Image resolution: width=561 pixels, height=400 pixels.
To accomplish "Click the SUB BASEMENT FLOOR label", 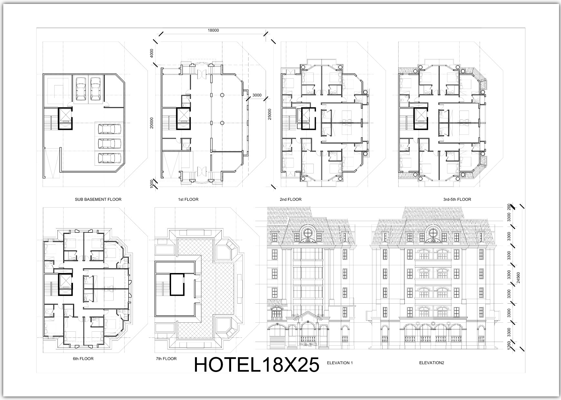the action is [x=98, y=200].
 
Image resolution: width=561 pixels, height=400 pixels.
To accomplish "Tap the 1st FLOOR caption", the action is [x=188, y=200].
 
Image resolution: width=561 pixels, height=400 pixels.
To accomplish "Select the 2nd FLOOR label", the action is [x=291, y=200].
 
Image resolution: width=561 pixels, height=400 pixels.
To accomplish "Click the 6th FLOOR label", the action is [x=83, y=358].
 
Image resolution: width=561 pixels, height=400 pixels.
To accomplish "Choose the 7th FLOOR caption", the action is [x=166, y=358].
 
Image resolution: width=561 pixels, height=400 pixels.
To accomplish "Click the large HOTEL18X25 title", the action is [x=257, y=365].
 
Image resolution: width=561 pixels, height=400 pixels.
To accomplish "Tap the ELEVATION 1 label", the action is [x=340, y=363].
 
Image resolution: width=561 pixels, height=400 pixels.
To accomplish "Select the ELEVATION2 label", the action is [x=432, y=363].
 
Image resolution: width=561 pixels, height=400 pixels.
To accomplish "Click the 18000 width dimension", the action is [x=213, y=31].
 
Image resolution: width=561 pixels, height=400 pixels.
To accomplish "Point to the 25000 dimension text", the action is [x=270, y=114].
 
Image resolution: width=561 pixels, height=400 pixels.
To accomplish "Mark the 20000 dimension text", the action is [x=152, y=122].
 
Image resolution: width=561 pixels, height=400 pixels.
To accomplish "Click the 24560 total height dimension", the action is [x=518, y=277].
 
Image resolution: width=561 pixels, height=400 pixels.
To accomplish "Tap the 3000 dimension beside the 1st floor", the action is [x=257, y=95].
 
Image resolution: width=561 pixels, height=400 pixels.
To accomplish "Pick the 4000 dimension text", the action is [x=152, y=54].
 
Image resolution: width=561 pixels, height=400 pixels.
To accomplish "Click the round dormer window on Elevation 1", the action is [x=309, y=232].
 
